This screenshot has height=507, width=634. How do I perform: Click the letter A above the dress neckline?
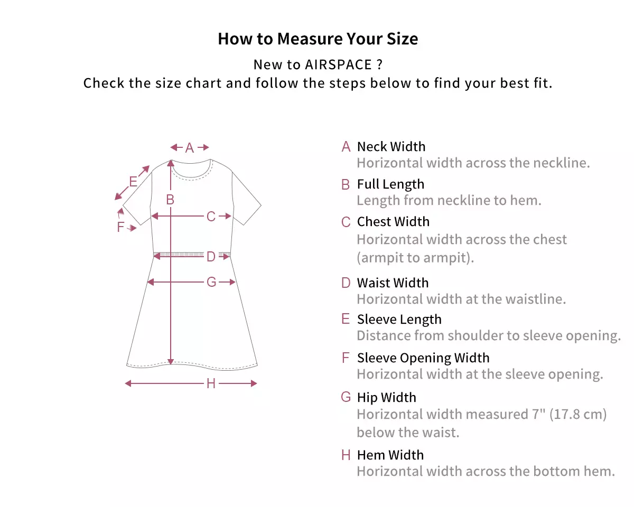click(190, 148)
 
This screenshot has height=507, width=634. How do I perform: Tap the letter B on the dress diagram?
click(170, 200)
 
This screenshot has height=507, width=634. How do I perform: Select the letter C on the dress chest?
click(211, 217)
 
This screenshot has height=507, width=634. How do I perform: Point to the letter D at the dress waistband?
click(211, 257)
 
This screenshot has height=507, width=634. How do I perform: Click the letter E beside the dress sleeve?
click(133, 182)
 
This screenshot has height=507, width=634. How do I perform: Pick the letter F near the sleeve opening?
click(120, 227)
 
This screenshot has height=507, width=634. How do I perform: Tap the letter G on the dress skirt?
click(211, 282)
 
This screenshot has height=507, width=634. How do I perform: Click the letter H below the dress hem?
click(211, 383)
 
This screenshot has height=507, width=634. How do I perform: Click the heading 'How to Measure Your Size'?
click(318, 39)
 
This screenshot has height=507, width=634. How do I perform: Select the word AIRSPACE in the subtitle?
click(338, 64)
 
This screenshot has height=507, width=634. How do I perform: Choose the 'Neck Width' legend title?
click(391, 146)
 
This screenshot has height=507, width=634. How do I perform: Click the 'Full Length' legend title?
click(390, 184)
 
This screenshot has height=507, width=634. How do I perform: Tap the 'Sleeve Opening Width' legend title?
click(423, 358)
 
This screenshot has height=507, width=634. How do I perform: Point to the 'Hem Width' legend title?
click(390, 455)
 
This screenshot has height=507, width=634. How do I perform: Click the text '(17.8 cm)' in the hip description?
click(578, 414)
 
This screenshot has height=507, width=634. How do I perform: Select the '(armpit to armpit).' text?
click(415, 258)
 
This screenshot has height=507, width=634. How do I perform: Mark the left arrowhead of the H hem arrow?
click(128, 383)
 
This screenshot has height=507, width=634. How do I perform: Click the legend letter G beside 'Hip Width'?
click(346, 397)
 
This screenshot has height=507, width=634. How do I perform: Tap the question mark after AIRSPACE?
click(379, 64)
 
